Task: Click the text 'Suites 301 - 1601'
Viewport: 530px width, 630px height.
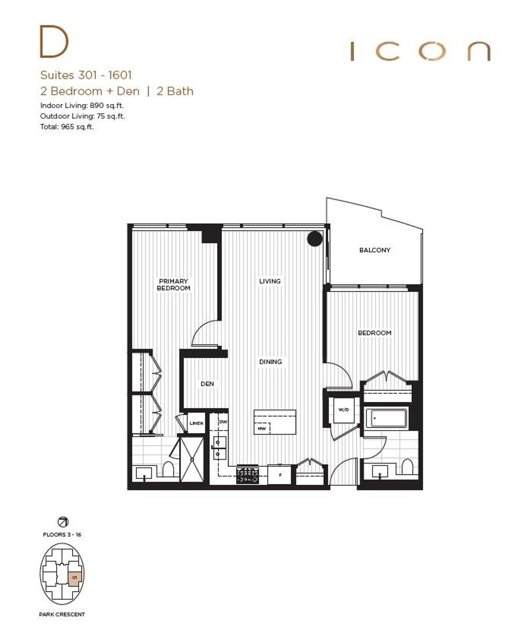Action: click(86, 75)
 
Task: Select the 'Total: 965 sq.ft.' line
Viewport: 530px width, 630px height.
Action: click(67, 127)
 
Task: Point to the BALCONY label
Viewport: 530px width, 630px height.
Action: click(375, 250)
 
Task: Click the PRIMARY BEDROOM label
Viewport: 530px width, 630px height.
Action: click(173, 285)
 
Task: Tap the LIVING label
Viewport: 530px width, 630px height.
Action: click(270, 281)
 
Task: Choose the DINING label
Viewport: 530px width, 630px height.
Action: click(270, 362)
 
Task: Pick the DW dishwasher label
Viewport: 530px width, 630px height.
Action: click(223, 422)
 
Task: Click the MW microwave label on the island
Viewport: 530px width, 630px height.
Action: click(262, 428)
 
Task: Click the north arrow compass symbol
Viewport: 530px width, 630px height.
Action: click(63, 522)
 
